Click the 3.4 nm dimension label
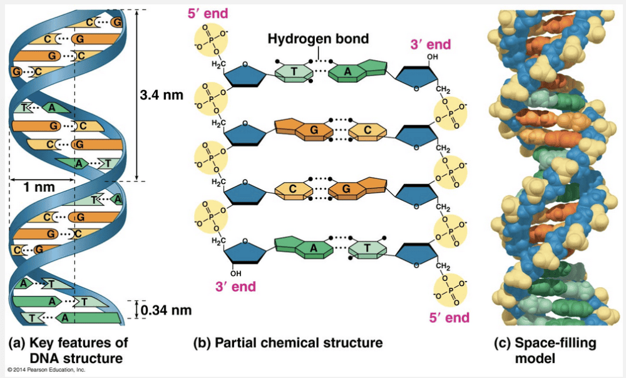point(162,95)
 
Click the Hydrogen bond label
point(318,39)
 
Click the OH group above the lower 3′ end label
point(235,273)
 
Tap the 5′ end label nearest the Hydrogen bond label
point(207,14)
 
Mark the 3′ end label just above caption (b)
point(235,287)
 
